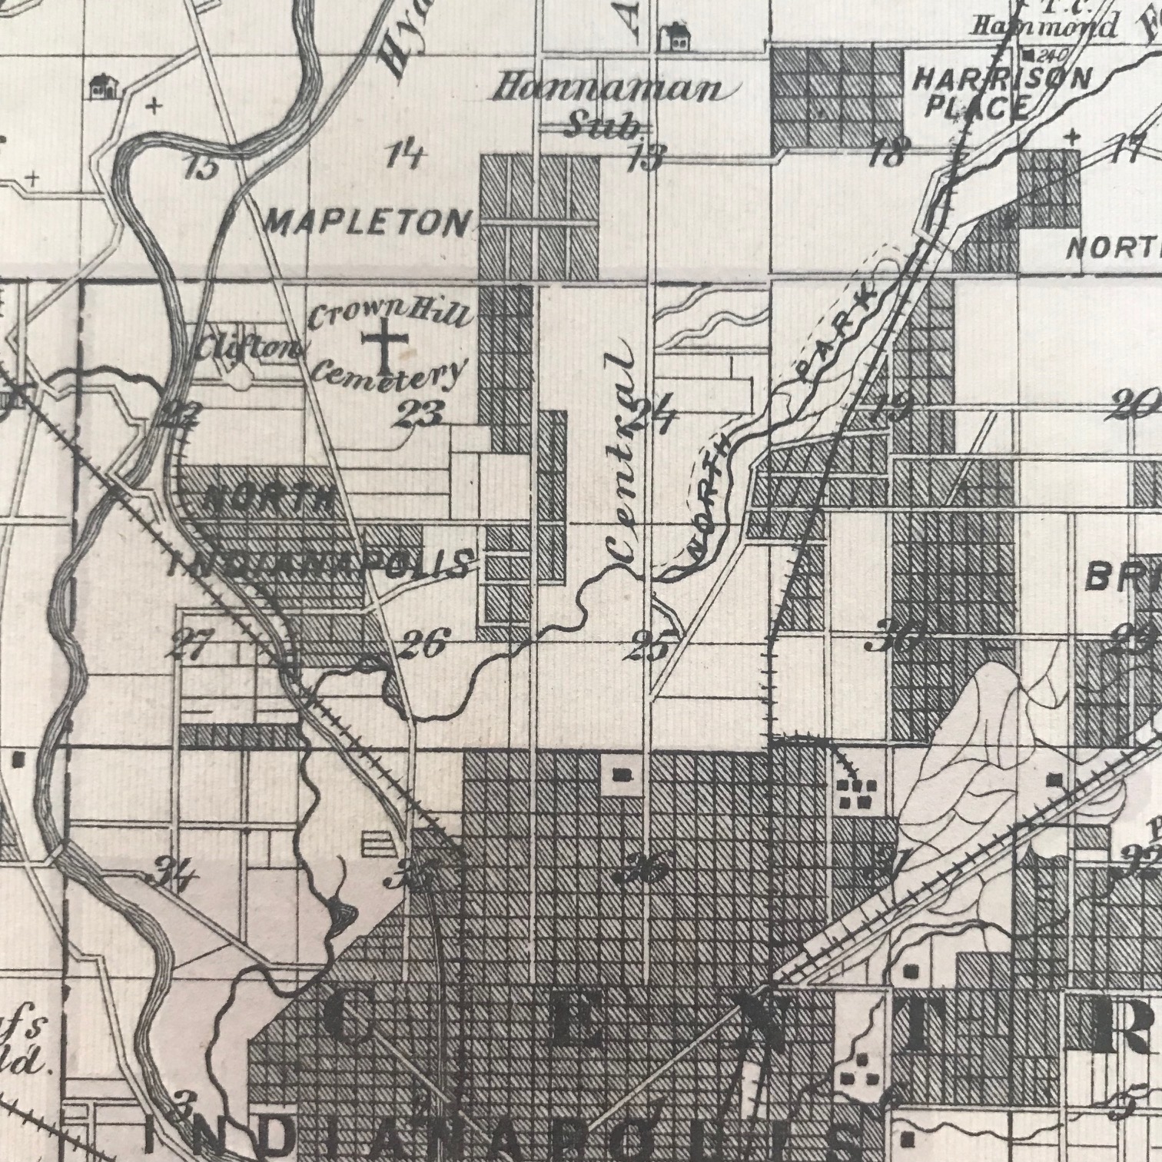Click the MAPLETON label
pyautogui.click(x=367, y=223)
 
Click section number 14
pyautogui.click(x=405, y=155)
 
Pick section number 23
pyautogui.click(x=420, y=415)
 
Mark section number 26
pyautogui.click(x=423, y=644)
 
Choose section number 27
pyautogui.click(x=189, y=644)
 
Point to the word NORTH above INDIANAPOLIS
pyautogui.click(x=268, y=501)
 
